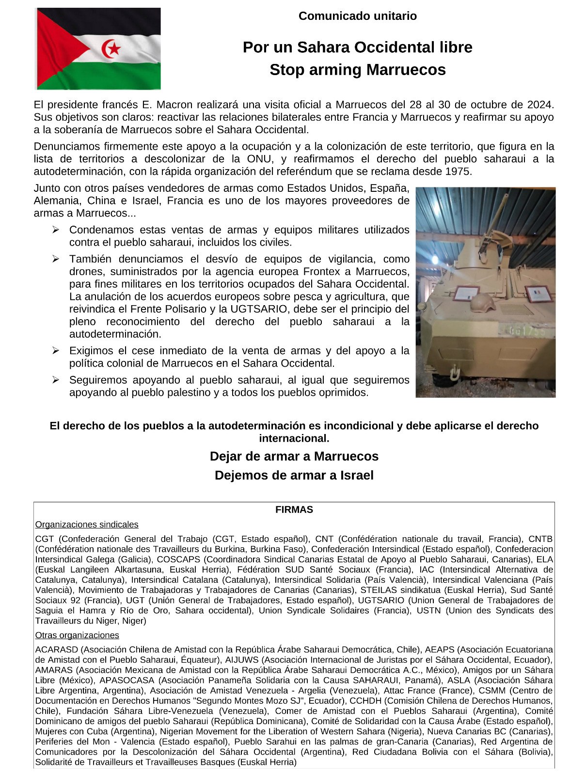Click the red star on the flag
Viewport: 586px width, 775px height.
(x=115, y=48)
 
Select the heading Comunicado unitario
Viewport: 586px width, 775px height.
(x=357, y=16)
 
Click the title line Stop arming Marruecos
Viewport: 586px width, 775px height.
(x=357, y=70)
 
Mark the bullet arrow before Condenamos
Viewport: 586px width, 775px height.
(x=56, y=230)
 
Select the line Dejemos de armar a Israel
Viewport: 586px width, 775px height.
(x=294, y=475)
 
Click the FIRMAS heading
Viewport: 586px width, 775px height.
(x=294, y=510)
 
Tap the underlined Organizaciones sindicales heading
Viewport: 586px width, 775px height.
(x=87, y=525)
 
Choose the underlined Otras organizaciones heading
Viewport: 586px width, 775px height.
(x=77, y=635)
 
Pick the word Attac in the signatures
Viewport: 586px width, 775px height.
(x=393, y=691)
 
